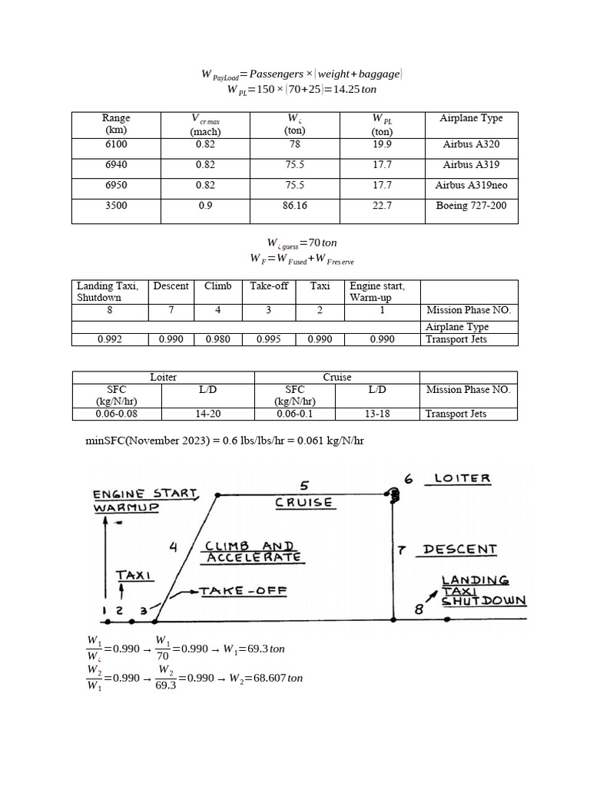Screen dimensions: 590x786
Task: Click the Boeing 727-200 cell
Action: pyautogui.click(x=471, y=206)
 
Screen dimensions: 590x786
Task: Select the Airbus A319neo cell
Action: pyautogui.click(x=471, y=185)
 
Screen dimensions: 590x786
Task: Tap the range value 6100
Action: pyautogui.click(x=116, y=144)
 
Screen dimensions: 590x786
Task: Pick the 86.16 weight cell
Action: pyautogui.click(x=295, y=206)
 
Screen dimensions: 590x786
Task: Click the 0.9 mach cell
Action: pyautogui.click(x=205, y=206)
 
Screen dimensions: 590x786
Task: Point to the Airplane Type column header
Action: pyautogui.click(x=471, y=118)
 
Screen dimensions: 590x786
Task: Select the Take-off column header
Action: pyautogui.click(x=269, y=286)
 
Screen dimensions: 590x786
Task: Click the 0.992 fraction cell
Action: pyautogui.click(x=110, y=339)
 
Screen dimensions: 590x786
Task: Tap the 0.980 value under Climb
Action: pyautogui.click(x=217, y=339)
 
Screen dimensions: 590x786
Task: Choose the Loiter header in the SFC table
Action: pyautogui.click(x=163, y=377)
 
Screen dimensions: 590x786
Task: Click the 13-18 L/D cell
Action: pyautogui.click(x=377, y=414)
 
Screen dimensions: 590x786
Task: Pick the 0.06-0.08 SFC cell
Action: pyautogui.click(x=118, y=414)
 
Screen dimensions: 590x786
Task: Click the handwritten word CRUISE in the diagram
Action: pyautogui.click(x=304, y=503)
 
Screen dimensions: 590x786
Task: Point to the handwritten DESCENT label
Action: pyautogui.click(x=459, y=550)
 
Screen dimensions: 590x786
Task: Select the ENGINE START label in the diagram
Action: pyautogui.click(x=145, y=494)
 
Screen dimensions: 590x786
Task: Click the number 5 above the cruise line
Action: pyautogui.click(x=304, y=485)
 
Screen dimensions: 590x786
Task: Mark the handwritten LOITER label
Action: pyautogui.click(x=462, y=478)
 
